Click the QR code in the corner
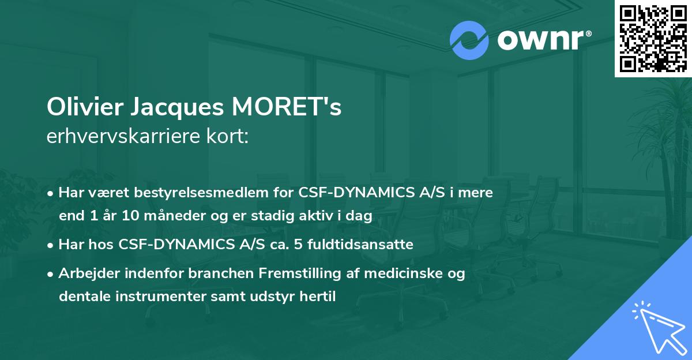653,38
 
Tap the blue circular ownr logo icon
469,40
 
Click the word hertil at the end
317,297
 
